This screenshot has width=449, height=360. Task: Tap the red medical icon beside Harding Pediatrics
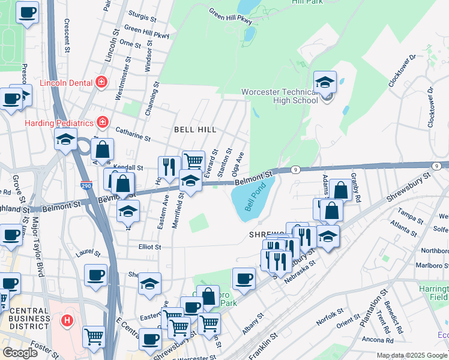click(x=103, y=123)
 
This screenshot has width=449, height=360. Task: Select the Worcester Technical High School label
click(x=280, y=96)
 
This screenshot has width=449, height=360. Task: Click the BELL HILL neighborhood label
click(x=194, y=130)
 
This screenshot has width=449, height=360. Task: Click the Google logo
click(x=20, y=353)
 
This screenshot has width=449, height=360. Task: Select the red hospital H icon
click(x=67, y=321)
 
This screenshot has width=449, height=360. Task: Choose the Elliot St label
click(x=149, y=247)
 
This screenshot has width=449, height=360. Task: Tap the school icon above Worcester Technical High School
click(x=325, y=83)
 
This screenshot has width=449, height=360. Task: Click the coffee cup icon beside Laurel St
click(x=95, y=275)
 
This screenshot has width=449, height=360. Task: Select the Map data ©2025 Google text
click(x=412, y=355)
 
